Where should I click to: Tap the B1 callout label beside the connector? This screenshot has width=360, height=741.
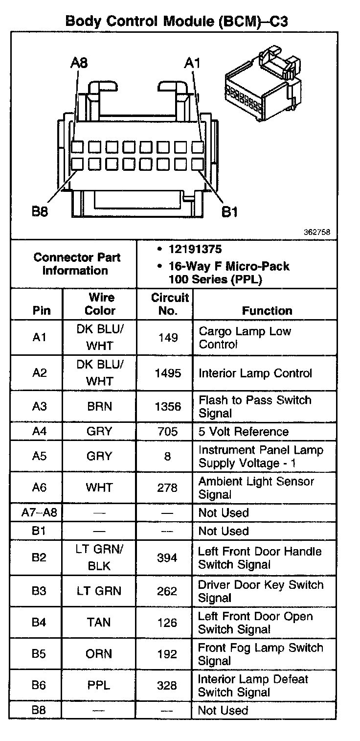(x=230, y=212)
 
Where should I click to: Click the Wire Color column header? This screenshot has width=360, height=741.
(x=102, y=304)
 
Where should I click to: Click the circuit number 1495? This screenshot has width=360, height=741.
(x=167, y=373)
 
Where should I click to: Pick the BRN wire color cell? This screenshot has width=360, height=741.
(x=99, y=407)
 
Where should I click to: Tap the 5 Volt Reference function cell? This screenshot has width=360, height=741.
(x=244, y=432)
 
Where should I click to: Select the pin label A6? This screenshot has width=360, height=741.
(x=39, y=487)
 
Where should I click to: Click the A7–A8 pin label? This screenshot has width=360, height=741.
(x=39, y=513)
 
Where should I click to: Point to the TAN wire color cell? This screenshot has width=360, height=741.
(x=99, y=622)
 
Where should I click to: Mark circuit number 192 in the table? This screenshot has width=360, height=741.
(x=167, y=654)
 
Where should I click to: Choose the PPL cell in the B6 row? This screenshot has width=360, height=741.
(x=99, y=685)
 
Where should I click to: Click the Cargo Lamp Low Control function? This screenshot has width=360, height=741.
(x=245, y=338)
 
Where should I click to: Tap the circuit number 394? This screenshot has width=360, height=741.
(x=167, y=558)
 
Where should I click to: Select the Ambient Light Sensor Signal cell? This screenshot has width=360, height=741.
(x=256, y=487)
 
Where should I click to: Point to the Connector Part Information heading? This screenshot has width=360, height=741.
(x=77, y=264)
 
